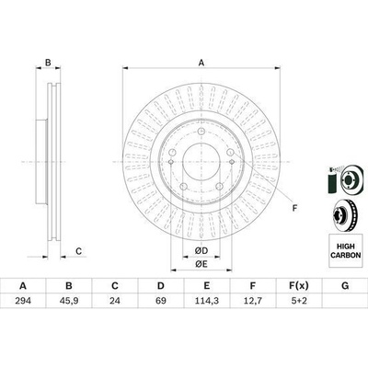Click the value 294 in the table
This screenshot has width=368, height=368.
pos(23,301)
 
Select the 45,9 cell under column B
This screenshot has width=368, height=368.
pos(69,301)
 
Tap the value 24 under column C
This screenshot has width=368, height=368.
pos(115,301)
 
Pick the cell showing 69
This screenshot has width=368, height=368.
pos(161,301)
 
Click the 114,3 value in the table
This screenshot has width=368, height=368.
pos(207,301)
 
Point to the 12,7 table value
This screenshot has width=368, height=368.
pos(253,301)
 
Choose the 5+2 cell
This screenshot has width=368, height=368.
pos(299,301)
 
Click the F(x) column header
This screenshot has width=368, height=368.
pos(299,286)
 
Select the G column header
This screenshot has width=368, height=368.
pos(345,286)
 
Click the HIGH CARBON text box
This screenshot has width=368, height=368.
pos(345,250)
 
